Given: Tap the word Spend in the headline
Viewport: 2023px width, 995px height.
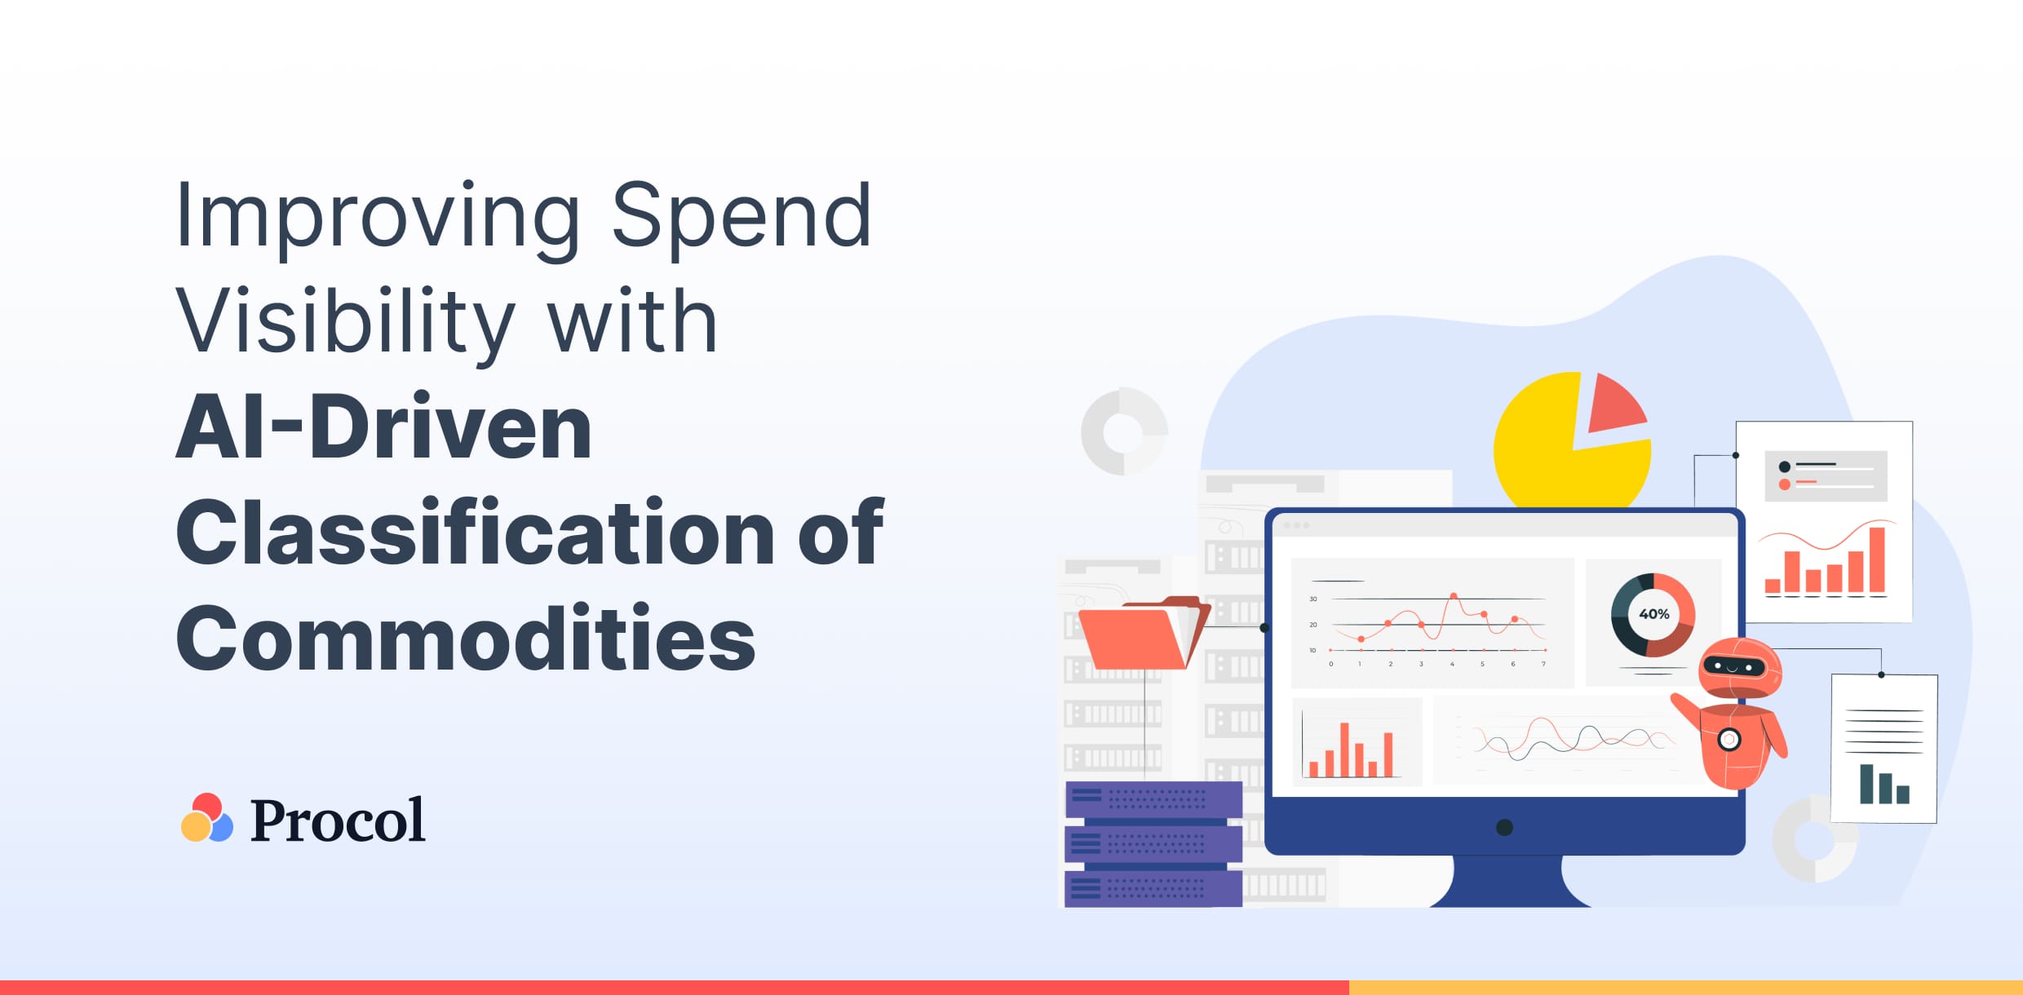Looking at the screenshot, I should (741, 216).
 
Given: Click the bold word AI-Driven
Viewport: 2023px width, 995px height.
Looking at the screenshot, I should (383, 427).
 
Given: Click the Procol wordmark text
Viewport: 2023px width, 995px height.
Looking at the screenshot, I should (337, 820).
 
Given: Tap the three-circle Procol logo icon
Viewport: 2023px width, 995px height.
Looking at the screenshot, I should (206, 818).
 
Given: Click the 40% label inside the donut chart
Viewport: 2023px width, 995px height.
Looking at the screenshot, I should (1653, 614).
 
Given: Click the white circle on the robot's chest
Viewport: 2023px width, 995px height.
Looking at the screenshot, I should (1729, 740).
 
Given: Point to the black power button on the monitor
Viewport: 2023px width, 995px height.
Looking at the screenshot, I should (1505, 828).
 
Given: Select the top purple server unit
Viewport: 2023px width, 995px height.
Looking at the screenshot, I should (1153, 799).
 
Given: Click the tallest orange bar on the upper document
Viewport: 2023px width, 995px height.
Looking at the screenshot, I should (1877, 559).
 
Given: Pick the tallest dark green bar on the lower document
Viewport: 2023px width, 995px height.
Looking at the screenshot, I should (1866, 784).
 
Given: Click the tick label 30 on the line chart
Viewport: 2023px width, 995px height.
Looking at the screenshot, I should (1313, 599).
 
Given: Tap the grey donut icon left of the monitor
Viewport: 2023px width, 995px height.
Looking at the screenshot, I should (1124, 431).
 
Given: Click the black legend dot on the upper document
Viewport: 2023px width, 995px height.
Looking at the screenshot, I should (1784, 467).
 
